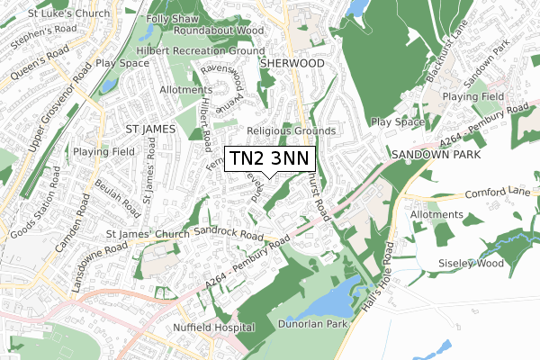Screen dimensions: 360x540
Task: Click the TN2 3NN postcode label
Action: pos(267,159)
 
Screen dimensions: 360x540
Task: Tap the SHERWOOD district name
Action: pos(291,64)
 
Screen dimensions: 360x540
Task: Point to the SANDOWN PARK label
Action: pos(434,155)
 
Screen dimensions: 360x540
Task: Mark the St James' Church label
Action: pos(148,236)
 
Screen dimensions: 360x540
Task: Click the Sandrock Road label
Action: pos(227,233)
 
